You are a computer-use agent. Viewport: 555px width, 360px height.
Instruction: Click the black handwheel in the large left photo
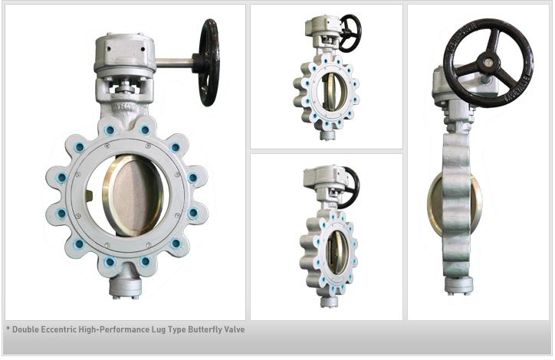(209, 63)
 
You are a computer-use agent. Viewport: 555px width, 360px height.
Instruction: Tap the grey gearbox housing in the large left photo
(126, 57)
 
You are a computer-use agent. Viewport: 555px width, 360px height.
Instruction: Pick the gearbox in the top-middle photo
(320, 26)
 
